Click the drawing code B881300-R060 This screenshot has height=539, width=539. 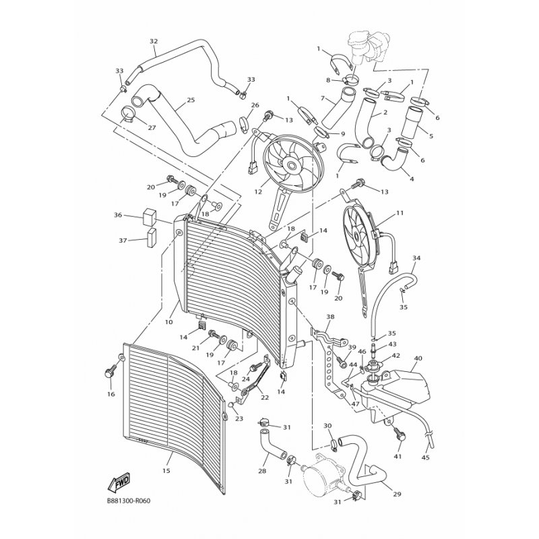click(129, 500)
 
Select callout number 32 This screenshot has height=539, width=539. click(154, 41)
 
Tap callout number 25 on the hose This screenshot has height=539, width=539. click(191, 100)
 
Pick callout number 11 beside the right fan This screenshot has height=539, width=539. click(400, 213)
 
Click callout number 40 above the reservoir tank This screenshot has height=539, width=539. click(418, 358)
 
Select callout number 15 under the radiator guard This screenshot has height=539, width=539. click(166, 470)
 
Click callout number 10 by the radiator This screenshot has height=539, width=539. click(168, 322)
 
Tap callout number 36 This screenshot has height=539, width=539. click(118, 215)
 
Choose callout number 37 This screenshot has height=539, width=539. click(123, 241)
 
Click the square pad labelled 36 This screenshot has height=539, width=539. click(149, 216)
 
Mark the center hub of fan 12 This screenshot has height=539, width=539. click(292, 166)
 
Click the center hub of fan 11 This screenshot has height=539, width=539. click(356, 236)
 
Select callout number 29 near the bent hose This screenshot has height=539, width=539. click(398, 495)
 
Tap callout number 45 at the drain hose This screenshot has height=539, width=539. click(426, 457)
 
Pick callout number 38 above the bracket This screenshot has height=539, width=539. click(330, 317)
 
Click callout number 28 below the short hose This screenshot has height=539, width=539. click(262, 471)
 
